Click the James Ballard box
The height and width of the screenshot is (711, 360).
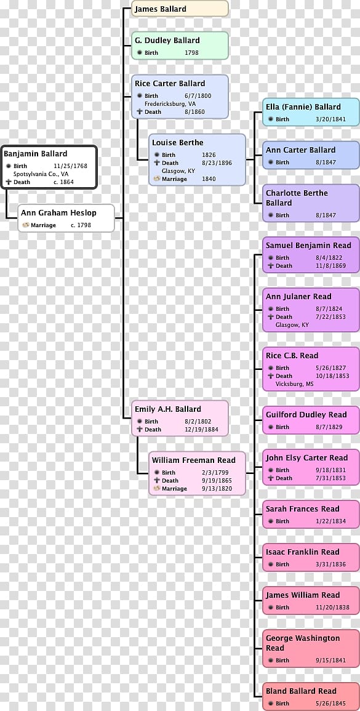click(x=180, y=9)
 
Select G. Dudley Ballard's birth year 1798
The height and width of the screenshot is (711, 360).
click(x=191, y=52)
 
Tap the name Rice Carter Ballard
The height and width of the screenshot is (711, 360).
click(x=170, y=84)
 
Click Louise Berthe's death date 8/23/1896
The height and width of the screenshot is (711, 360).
click(x=217, y=163)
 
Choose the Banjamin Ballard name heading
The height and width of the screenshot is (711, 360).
click(x=35, y=154)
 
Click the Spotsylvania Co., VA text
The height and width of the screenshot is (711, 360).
click(x=41, y=174)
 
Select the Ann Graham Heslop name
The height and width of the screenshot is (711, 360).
click(x=58, y=212)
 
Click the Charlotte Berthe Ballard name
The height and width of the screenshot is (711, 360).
click(x=297, y=198)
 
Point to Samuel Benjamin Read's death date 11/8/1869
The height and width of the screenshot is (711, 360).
click(x=330, y=266)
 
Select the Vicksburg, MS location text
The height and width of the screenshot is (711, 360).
click(x=294, y=384)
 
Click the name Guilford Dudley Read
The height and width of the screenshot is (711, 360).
click(x=306, y=414)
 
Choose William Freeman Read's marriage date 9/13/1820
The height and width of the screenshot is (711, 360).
click(x=217, y=488)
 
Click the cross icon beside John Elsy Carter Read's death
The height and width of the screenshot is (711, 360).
click(x=271, y=478)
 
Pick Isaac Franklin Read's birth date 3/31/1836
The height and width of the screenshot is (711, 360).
click(x=330, y=564)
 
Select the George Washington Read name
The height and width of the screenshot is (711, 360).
click(x=302, y=643)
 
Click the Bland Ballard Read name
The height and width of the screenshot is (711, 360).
click(x=301, y=691)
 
